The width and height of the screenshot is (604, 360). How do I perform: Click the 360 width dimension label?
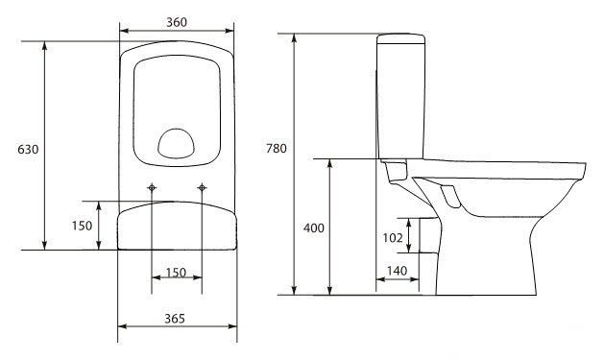click(x=177, y=22)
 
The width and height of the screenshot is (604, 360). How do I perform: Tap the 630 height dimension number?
click(x=28, y=149)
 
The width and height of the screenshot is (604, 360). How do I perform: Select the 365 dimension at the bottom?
click(x=175, y=319)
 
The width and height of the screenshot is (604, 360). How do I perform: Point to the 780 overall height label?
click(x=277, y=148)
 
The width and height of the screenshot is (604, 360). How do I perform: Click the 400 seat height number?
click(x=314, y=228)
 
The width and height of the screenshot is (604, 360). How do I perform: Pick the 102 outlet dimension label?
click(x=393, y=238)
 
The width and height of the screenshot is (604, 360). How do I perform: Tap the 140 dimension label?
click(x=397, y=271)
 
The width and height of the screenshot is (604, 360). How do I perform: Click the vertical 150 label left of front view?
click(x=82, y=226)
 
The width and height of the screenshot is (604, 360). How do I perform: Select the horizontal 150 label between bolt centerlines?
click(x=176, y=273)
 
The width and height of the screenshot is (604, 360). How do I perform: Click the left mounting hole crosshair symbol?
click(x=152, y=187)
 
